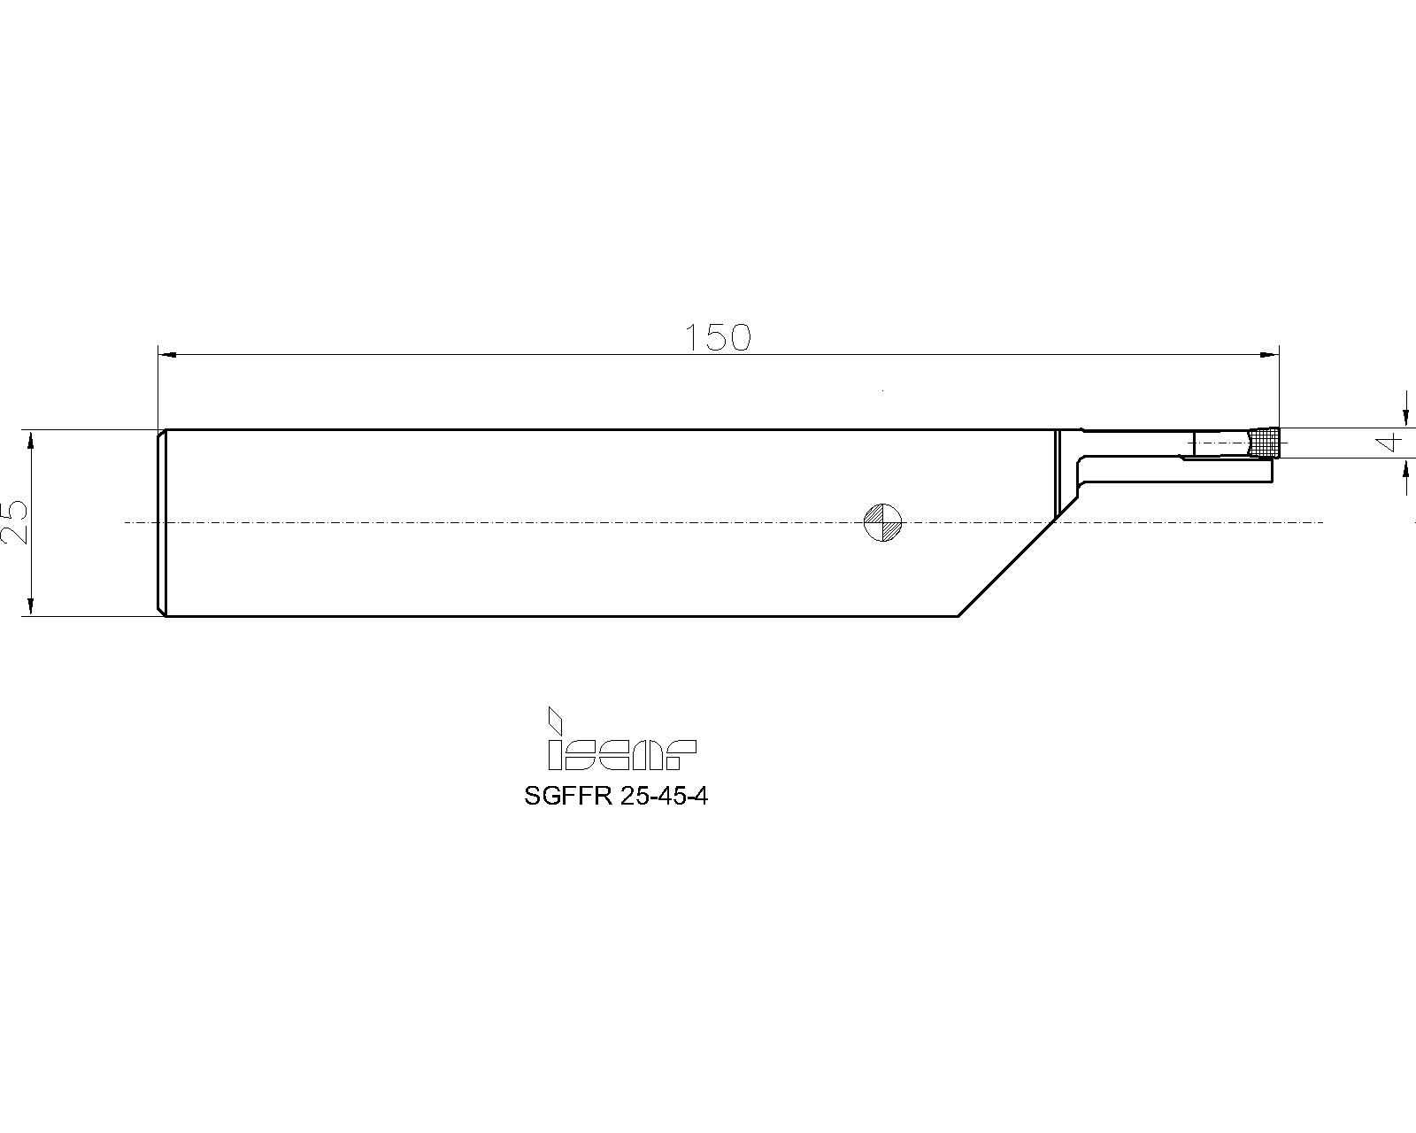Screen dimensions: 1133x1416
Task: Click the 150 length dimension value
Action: [718, 337]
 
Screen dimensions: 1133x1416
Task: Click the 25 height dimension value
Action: [16, 522]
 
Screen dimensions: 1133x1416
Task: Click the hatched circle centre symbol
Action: [882, 522]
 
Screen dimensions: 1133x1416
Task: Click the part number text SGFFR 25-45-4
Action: [616, 796]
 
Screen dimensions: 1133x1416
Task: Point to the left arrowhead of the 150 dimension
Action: [167, 354]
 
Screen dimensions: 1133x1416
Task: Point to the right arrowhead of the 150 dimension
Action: [1270, 354]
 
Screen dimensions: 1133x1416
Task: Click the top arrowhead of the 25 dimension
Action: [31, 439]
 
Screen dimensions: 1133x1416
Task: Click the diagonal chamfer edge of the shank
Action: [1009, 567]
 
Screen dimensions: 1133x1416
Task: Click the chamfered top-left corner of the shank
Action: [162, 434]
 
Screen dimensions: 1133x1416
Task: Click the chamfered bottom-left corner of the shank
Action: [162, 612]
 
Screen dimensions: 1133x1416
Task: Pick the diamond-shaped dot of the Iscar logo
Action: [555, 718]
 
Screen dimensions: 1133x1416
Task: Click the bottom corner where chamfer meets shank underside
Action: [958, 616]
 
